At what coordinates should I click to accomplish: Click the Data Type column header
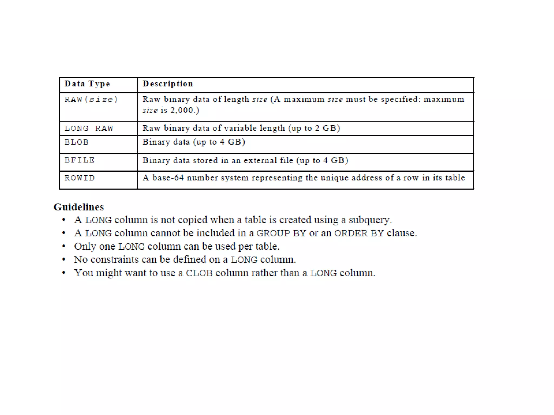coord(87,84)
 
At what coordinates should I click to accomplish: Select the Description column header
coord(168,84)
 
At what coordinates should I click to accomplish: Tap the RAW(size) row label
coord(91,100)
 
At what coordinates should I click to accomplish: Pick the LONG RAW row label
coord(89,128)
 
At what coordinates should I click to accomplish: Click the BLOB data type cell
coord(77,142)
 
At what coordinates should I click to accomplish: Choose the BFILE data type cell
coord(80,160)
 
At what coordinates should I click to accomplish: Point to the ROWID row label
coord(80,178)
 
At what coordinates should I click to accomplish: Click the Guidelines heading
coord(79,207)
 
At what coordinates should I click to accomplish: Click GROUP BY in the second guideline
coord(281,233)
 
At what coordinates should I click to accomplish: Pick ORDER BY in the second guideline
coord(359,233)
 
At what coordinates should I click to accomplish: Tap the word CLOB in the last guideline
coord(199,273)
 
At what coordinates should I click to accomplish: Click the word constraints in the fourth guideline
coord(114,260)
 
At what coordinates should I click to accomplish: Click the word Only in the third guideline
coord(85,246)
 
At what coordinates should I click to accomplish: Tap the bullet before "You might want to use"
coord(64,273)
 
